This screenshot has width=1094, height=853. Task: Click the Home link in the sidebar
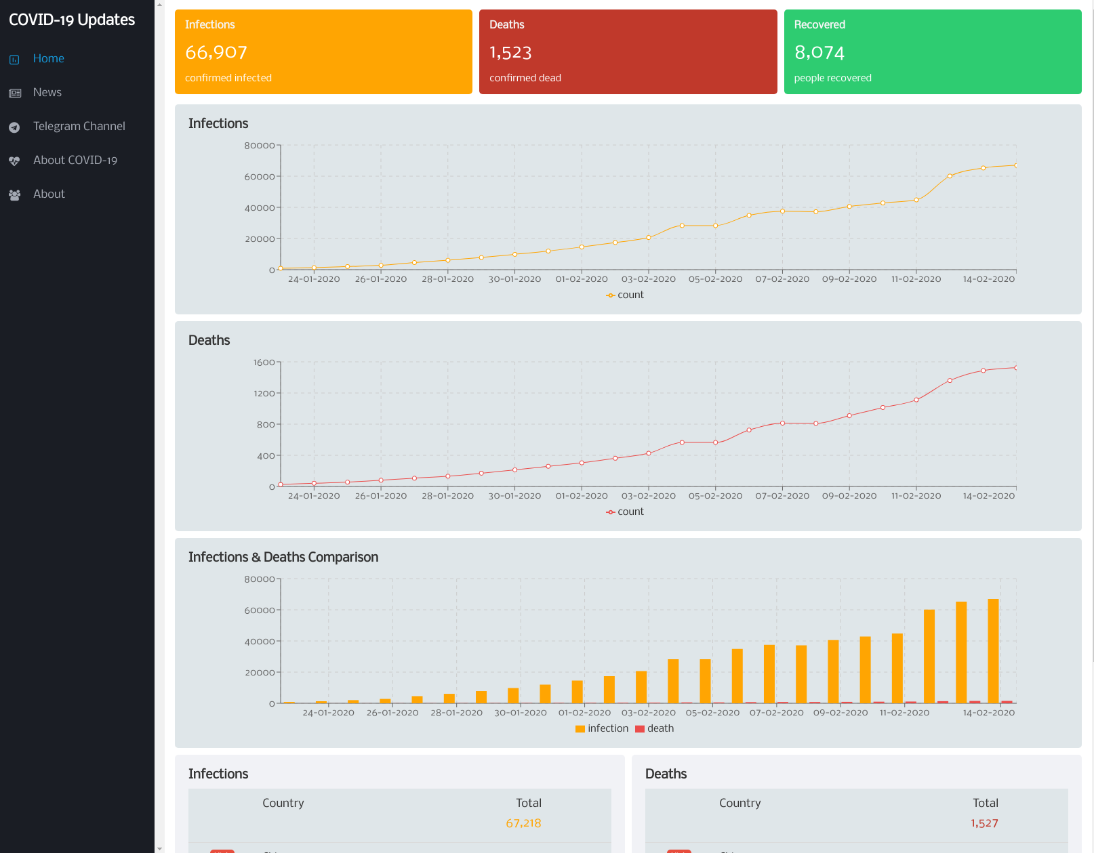[48, 58]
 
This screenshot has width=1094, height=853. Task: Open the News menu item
[47, 92]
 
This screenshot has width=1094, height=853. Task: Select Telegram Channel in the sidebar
[79, 126]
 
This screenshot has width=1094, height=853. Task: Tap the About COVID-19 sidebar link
[75, 160]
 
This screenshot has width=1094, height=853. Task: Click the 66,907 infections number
[216, 52]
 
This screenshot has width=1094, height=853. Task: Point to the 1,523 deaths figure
[510, 52]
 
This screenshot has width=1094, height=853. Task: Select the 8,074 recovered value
[819, 52]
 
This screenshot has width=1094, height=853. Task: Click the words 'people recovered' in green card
[832, 78]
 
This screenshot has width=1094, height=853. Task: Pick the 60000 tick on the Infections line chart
[260, 177]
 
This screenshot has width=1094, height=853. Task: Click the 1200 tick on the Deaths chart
[264, 394]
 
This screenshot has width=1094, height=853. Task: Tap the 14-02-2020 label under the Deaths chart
[988, 496]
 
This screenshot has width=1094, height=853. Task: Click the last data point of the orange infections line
[1015, 165]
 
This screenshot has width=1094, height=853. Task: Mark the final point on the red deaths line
[1015, 368]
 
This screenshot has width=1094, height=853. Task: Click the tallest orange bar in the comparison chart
[993, 650]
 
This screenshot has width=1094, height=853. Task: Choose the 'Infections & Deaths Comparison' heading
[283, 557]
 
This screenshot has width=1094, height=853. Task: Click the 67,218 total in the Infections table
[523, 823]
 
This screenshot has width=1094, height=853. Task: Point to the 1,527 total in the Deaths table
[984, 823]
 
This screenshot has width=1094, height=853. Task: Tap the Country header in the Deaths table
[740, 803]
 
